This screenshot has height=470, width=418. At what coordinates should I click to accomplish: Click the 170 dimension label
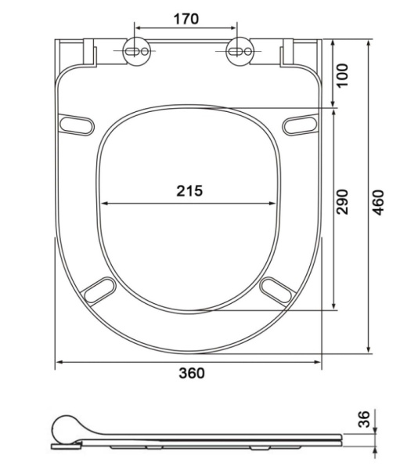point(186,19)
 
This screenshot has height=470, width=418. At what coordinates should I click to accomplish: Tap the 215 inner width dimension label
point(189,190)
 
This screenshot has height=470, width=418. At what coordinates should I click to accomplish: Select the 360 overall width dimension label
point(192,373)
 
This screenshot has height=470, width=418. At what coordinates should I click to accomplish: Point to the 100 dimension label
point(343,75)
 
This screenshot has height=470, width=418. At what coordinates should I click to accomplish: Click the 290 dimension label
point(343,202)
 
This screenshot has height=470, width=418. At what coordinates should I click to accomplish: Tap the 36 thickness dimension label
point(364,419)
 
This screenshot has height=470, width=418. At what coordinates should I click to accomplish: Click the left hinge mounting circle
point(136,51)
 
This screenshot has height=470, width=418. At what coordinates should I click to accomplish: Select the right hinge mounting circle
point(240,51)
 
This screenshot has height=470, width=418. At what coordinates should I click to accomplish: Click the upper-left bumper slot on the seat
point(77,125)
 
